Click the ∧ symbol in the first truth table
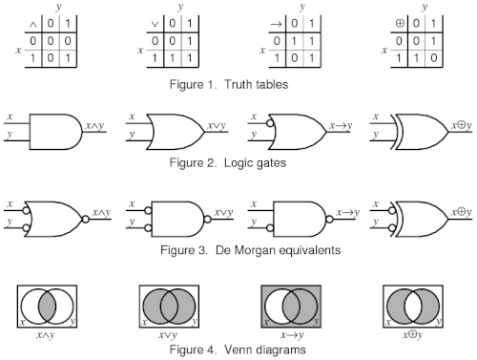33,24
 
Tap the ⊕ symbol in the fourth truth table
400,23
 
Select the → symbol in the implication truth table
277,24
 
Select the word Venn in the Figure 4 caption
238,349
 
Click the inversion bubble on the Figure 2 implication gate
270,123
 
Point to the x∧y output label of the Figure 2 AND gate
94,126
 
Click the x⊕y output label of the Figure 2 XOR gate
462,126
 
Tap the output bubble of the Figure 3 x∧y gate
85,219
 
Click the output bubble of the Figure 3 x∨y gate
207,219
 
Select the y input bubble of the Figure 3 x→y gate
270,228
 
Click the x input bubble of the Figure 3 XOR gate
392,210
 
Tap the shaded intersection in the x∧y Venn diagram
47,307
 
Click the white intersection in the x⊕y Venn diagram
413,307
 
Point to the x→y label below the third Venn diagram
292,335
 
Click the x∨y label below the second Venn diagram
168,335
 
